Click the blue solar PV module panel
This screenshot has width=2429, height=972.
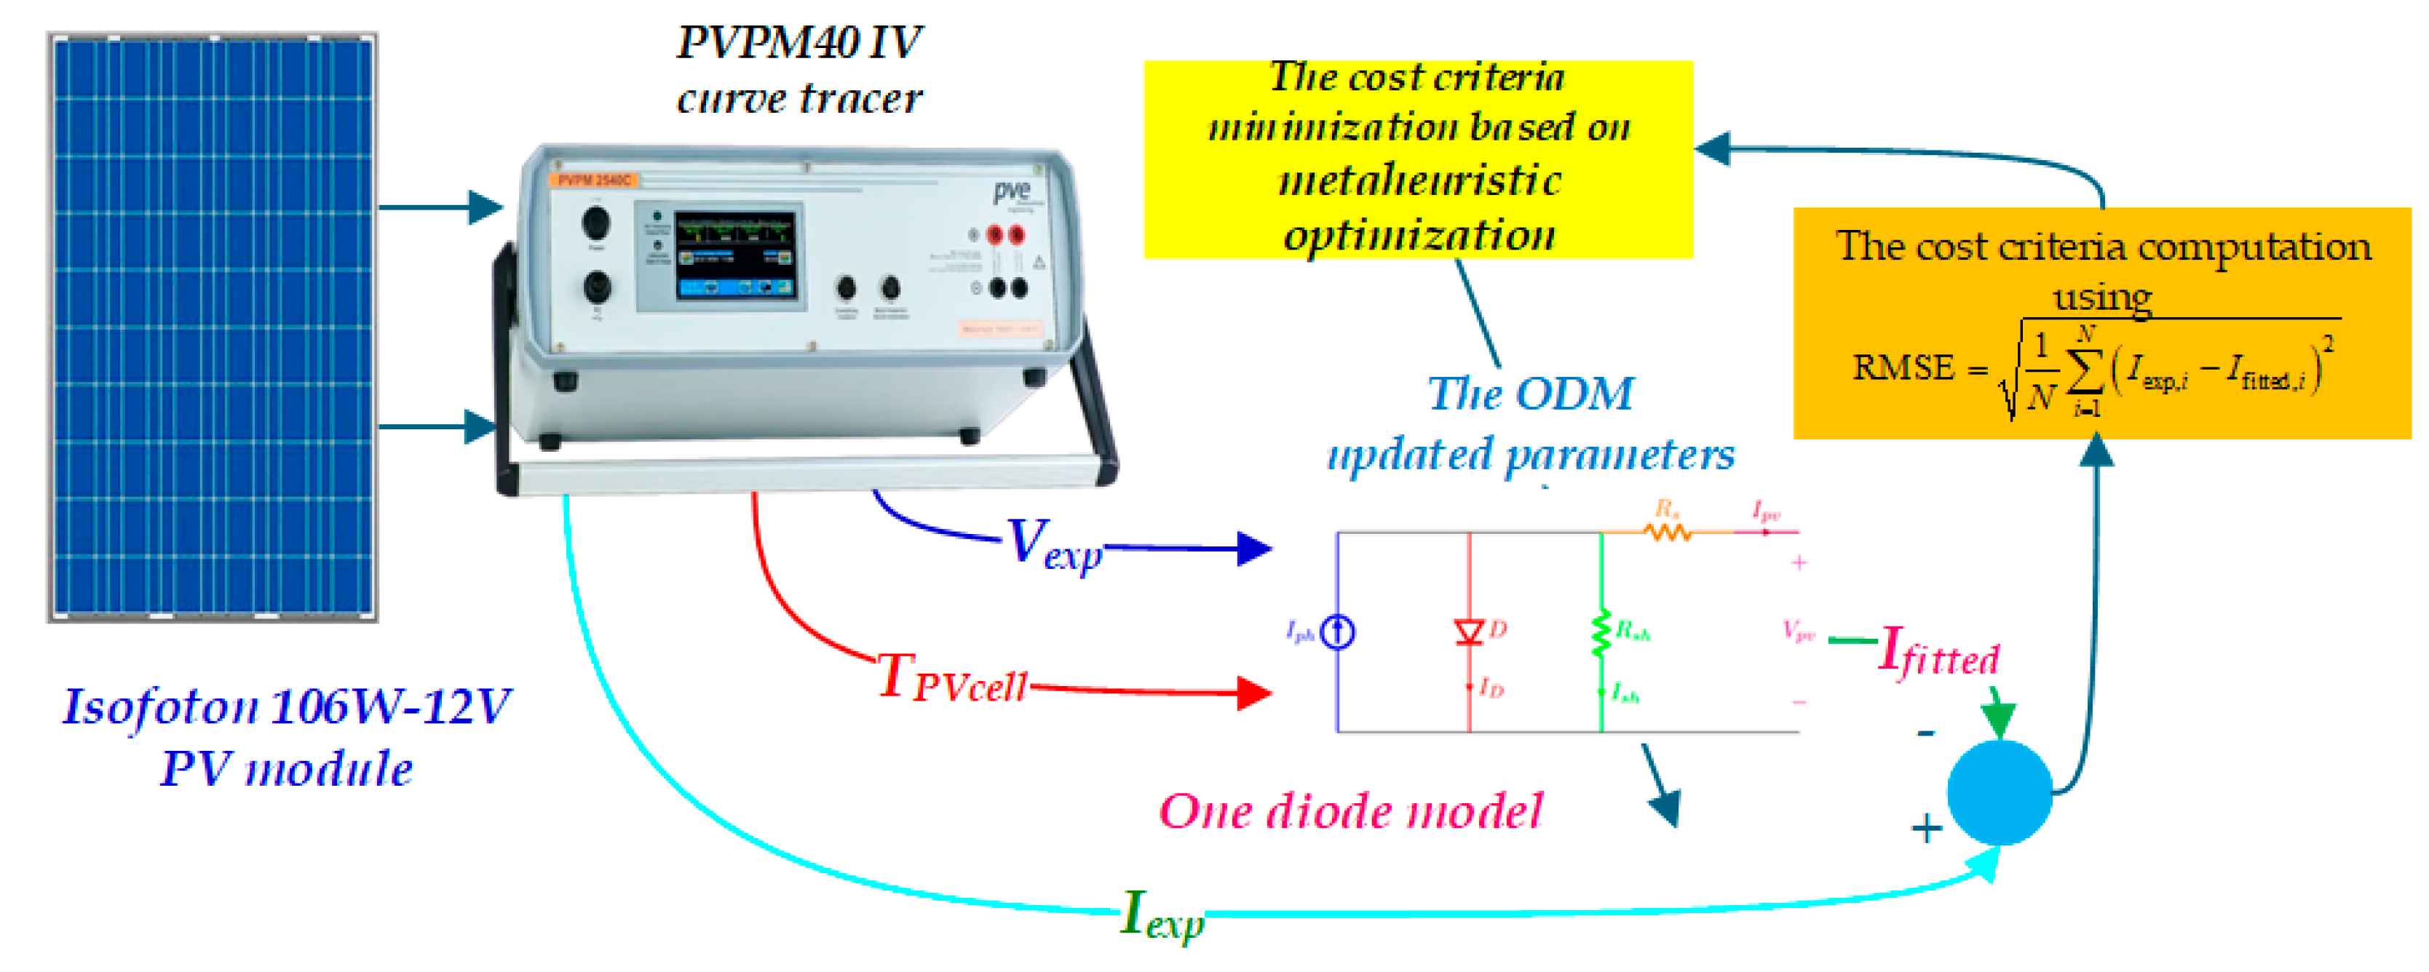213,327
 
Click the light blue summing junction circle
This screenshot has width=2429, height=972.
1999,792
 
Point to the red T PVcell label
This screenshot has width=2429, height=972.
951,679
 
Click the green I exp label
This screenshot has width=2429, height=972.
1162,915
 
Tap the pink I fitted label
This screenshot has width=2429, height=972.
1938,653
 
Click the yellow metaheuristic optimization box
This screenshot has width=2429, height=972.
1418,159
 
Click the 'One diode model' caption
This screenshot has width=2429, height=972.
1350,810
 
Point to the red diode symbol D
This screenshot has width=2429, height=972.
1469,631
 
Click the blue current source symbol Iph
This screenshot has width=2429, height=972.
1337,632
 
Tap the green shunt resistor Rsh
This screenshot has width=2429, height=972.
1601,632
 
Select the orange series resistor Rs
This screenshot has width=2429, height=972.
1667,532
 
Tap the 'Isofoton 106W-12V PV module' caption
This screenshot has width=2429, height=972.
287,736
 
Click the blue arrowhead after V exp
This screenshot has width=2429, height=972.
1254,548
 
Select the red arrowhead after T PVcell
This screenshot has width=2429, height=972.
1254,693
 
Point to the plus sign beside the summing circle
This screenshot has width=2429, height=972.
1927,829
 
